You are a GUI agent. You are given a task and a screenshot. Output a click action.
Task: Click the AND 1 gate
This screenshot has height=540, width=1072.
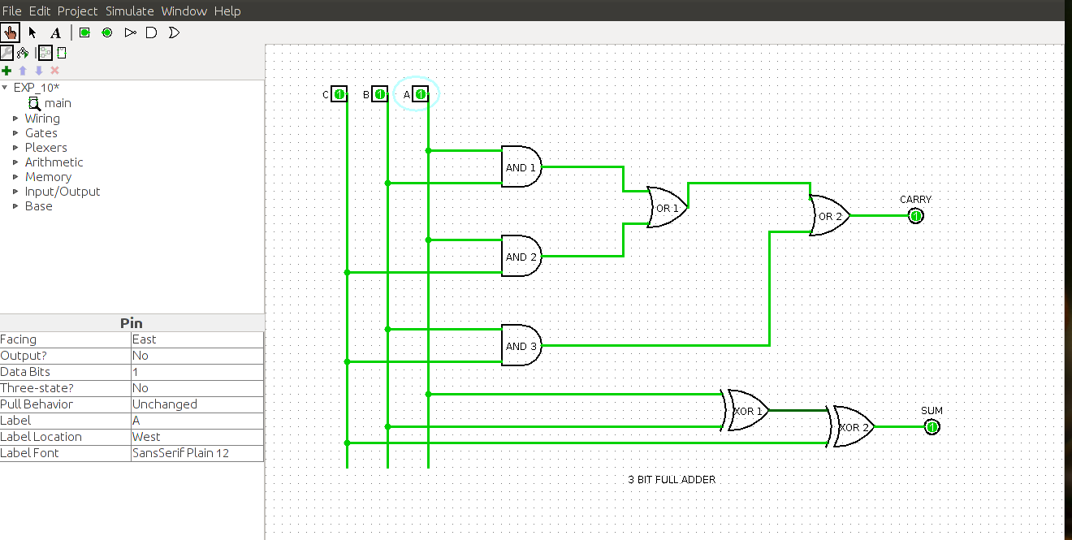pyautogui.click(x=521, y=167)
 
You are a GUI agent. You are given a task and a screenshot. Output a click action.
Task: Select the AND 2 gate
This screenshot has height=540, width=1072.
pyautogui.click(x=521, y=257)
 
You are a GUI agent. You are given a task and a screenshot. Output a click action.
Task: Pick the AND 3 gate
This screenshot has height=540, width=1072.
pyautogui.click(x=521, y=346)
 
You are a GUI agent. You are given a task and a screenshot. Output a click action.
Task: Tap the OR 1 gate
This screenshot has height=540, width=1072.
pyautogui.click(x=667, y=208)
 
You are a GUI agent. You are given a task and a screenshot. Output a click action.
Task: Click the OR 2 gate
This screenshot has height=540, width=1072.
pyautogui.click(x=829, y=216)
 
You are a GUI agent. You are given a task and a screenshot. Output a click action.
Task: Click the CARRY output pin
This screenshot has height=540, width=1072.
pyautogui.click(x=915, y=216)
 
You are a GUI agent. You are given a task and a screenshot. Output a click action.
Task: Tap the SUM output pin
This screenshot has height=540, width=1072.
pyautogui.click(x=932, y=427)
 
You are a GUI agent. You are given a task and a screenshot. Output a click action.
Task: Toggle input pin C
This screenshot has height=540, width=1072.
pyautogui.click(x=339, y=95)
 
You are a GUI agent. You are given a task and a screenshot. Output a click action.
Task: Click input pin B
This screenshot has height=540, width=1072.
pyautogui.click(x=379, y=95)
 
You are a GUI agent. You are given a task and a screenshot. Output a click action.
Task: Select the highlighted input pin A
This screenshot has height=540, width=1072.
pyautogui.click(x=420, y=95)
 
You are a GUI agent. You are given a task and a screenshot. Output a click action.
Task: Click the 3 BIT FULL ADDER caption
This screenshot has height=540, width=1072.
pyautogui.click(x=672, y=480)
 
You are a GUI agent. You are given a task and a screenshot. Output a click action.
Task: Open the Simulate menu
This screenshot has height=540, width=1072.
pyautogui.click(x=129, y=11)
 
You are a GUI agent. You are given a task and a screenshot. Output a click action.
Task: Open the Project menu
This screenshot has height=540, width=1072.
pyautogui.click(x=77, y=11)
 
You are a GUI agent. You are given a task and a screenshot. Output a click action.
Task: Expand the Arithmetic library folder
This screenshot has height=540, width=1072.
pyautogui.click(x=54, y=162)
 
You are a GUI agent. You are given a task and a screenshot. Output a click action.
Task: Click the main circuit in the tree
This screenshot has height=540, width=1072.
pyautogui.click(x=57, y=103)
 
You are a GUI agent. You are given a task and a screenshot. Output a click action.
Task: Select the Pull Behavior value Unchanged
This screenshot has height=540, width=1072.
pyautogui.click(x=197, y=404)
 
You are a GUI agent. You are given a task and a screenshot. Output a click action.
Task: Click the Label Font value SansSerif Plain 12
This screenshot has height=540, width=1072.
pyautogui.click(x=197, y=453)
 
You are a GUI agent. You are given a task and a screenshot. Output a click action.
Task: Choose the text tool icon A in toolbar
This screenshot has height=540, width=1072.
pyautogui.click(x=55, y=33)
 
